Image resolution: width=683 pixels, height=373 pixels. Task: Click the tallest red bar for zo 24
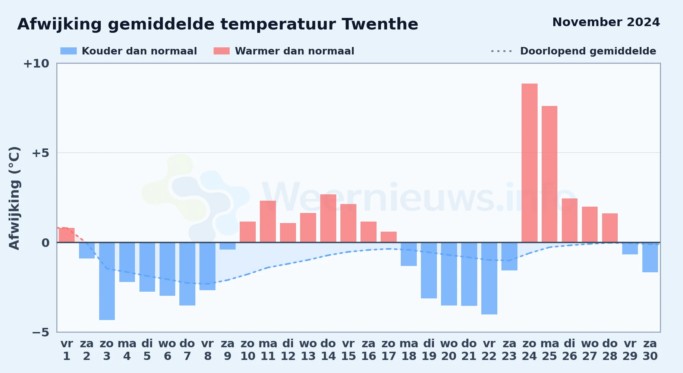529,163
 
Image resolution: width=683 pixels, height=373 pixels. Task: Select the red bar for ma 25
550,174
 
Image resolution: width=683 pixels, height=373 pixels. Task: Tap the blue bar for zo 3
107,281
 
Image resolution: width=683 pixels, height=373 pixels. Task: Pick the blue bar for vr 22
489,278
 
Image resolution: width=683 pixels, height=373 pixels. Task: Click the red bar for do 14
328,218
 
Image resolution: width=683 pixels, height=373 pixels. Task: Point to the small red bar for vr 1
67,235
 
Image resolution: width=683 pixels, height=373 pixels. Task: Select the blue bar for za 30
650,257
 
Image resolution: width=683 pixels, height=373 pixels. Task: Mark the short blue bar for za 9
227,246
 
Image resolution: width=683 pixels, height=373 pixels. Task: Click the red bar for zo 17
388,237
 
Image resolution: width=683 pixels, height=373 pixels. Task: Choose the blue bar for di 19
429,270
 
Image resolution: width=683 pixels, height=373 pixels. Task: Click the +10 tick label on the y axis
36,63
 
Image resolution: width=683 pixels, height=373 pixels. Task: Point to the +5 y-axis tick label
40,153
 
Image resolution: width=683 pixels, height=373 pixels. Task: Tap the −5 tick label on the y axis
40,332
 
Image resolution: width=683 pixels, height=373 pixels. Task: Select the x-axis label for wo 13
308,350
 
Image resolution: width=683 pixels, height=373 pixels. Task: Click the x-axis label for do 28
610,350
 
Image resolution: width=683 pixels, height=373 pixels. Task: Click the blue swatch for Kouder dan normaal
69,51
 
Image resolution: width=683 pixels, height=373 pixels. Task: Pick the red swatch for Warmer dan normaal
221,51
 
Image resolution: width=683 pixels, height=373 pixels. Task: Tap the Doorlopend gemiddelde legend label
588,51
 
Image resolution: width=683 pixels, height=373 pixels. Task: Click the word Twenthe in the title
380,24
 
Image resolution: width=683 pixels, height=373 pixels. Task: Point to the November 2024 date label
606,22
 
